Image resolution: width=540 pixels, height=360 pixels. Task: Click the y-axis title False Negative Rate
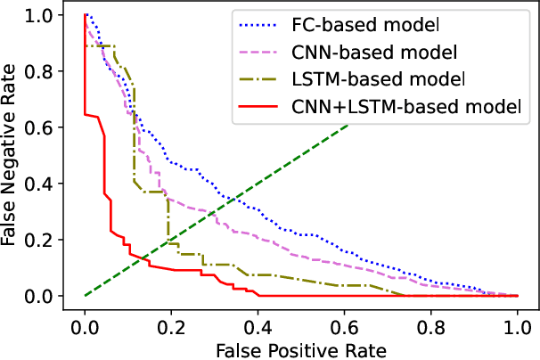point(12,155)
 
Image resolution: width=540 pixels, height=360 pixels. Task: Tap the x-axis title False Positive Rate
point(300,349)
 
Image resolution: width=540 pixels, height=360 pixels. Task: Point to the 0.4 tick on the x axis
point(258,323)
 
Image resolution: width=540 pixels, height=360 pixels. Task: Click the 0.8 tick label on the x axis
point(430,323)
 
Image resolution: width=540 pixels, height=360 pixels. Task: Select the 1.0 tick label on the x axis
point(517,323)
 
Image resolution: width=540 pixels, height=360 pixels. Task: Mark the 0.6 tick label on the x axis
point(344,323)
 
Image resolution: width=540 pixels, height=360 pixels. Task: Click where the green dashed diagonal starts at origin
point(85,295)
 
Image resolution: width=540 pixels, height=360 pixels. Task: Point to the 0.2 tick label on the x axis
point(171,323)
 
